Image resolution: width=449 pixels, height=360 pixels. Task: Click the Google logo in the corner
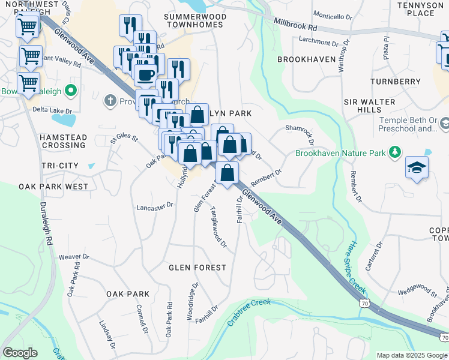coord(20,353)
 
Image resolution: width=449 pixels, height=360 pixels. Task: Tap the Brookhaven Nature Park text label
coord(340,154)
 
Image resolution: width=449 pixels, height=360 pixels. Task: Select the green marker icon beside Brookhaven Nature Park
coord(395,153)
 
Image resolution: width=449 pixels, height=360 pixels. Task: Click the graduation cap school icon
coord(417,169)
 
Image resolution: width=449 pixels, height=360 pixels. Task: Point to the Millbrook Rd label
coord(295,28)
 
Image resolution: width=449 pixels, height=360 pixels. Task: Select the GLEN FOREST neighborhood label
coord(197,268)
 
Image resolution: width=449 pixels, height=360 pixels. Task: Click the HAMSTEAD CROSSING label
coord(63,142)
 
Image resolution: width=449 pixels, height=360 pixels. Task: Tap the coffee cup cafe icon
coord(144,75)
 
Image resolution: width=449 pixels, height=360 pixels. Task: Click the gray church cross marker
coord(110,101)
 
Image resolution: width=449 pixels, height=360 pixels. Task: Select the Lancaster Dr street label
coord(155,205)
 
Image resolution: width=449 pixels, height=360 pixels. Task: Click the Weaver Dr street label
coord(74,257)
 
